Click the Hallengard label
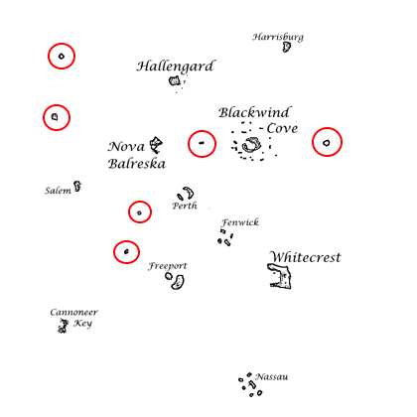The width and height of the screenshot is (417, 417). click(x=175, y=67)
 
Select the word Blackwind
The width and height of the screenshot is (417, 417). click(x=254, y=112)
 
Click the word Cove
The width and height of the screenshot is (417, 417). click(x=282, y=128)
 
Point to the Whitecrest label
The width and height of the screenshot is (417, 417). click(x=306, y=257)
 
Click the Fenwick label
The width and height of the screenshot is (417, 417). click(x=240, y=222)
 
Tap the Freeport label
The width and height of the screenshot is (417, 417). click(x=168, y=266)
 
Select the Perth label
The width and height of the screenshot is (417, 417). click(x=185, y=207)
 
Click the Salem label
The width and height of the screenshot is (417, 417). click(x=58, y=190)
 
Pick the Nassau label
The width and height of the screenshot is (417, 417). click(x=272, y=376)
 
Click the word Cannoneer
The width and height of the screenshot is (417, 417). click(x=74, y=312)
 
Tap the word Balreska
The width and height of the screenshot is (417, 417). click(x=136, y=164)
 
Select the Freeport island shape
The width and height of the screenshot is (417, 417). click(x=176, y=282)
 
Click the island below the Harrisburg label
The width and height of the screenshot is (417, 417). click(x=287, y=47)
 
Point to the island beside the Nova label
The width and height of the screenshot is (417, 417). click(x=156, y=145)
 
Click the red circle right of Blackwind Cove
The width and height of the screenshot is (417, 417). click(x=327, y=143)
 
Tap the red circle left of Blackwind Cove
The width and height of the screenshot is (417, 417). click(x=202, y=143)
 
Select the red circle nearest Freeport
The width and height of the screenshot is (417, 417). click(x=126, y=252)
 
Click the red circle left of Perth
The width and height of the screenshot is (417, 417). click(x=140, y=211)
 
